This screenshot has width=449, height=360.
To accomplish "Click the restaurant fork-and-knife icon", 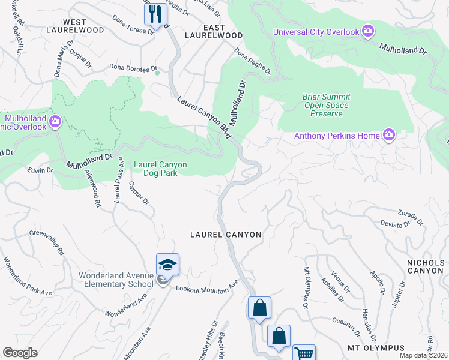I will point(155,14).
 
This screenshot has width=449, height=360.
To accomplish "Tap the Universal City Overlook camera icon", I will point(367,31).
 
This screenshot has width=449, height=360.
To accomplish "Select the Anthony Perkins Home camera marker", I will point(389,135).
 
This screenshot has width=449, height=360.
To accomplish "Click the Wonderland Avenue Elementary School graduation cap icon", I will point(167,265).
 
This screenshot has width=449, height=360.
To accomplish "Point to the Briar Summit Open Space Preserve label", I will point(327,105).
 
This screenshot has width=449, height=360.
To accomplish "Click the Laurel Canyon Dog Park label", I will point(160,169).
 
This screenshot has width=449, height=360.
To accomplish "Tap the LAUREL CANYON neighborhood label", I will point(226,235).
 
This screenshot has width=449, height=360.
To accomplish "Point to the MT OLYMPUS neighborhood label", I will point(376,348).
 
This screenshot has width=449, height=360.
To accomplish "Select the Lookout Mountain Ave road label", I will point(207,285).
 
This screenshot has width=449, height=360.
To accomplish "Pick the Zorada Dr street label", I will point(411,213).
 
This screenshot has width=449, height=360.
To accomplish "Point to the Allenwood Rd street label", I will point(93,188).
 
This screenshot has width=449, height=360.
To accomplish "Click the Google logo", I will point(20,353).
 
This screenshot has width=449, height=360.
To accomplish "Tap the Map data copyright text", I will point(423,355).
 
